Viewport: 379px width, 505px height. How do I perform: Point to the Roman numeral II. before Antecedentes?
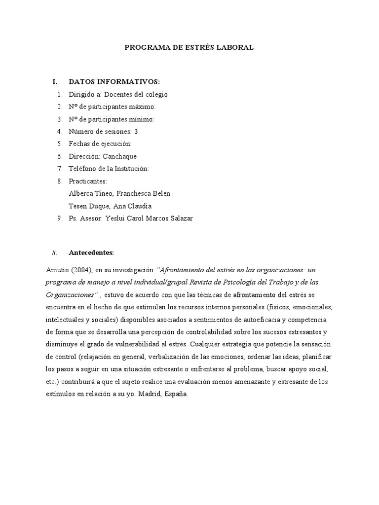55,253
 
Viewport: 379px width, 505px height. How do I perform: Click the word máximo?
142,107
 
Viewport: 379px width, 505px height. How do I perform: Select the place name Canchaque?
119,156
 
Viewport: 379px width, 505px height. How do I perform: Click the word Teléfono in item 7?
83,169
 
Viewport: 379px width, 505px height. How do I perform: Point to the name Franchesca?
133,193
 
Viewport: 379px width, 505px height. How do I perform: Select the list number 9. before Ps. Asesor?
60,218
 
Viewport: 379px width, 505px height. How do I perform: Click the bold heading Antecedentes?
91,253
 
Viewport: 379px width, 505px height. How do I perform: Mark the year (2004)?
81,270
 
